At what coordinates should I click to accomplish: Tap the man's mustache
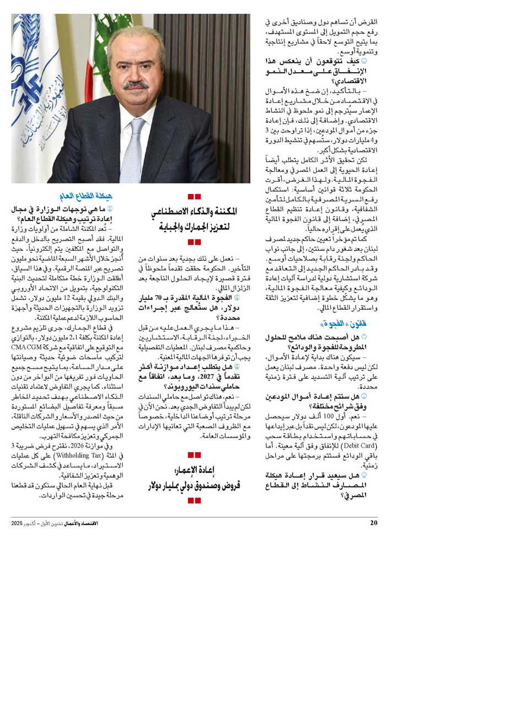click(x=135, y=85)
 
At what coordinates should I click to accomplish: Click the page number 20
click(x=373, y=523)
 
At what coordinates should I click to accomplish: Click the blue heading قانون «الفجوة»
click(x=351, y=323)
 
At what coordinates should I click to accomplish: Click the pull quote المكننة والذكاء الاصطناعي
click(x=194, y=212)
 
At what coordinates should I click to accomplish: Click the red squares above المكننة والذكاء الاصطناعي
click(x=194, y=196)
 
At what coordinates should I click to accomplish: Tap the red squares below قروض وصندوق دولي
click(x=194, y=500)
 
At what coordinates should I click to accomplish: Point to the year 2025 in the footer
click(x=17, y=523)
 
